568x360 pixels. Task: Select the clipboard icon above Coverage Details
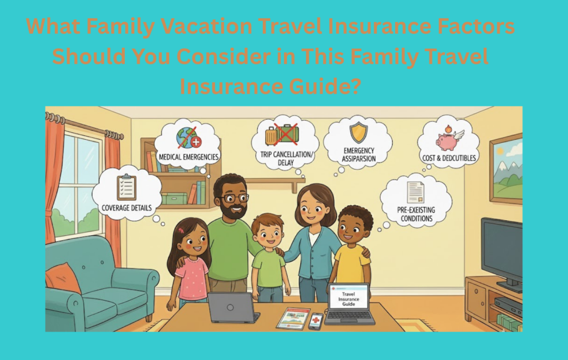126,187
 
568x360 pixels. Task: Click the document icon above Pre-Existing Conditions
415,192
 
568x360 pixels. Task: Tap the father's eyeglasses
234,198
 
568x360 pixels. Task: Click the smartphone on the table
315,321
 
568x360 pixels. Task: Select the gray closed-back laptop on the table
233,307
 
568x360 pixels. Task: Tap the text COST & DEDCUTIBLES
449,158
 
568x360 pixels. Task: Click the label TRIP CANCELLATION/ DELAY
285,159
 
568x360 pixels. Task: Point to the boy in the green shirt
268,255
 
